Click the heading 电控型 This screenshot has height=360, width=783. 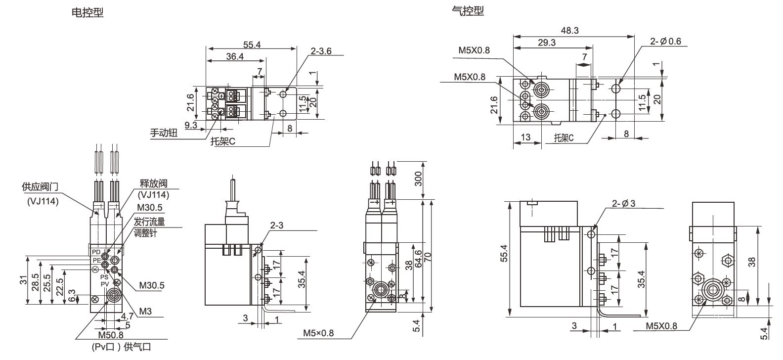coord(88,12)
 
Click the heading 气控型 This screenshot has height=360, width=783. coord(468,10)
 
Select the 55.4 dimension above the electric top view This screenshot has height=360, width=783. coord(252,45)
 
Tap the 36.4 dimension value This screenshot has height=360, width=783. coord(235,57)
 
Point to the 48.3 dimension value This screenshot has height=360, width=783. coord(569,31)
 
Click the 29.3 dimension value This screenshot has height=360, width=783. coord(547,43)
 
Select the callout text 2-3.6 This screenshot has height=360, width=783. coord(321,51)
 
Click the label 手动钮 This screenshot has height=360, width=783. coord(164,133)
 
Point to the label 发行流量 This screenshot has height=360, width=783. coord(149,222)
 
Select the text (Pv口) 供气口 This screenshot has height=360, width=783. coord(122,347)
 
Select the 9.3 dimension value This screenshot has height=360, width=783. coord(191,126)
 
